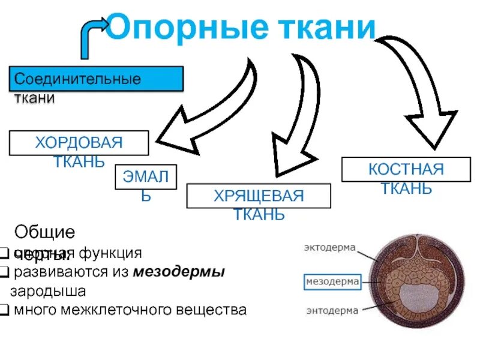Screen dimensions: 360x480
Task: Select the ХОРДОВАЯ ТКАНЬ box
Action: point(79,143)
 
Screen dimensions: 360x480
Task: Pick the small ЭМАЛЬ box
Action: point(146,178)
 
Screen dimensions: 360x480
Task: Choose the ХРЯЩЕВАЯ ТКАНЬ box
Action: point(259,196)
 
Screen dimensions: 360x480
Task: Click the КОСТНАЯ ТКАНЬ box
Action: point(406,169)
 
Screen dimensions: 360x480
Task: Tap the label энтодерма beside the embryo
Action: point(331,310)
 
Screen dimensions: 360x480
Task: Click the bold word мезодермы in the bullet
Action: point(179,272)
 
